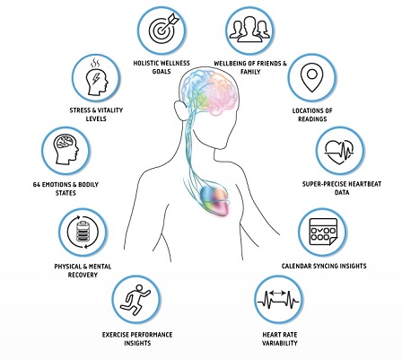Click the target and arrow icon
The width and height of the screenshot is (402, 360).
[163, 29]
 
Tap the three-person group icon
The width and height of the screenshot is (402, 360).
[249, 29]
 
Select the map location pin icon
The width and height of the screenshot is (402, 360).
[312, 77]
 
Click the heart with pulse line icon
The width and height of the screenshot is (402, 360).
[339, 151]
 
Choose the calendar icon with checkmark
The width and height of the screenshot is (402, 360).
[323, 232]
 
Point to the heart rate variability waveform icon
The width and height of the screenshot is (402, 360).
[278, 299]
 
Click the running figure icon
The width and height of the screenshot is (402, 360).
[136, 300]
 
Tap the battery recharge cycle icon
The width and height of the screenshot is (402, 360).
[83, 232]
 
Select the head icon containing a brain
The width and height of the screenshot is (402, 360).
[66, 150]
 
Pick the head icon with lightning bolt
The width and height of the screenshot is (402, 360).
[96, 77]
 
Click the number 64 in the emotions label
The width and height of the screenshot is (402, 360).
[36, 185]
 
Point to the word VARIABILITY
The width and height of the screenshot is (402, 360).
[280, 343]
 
